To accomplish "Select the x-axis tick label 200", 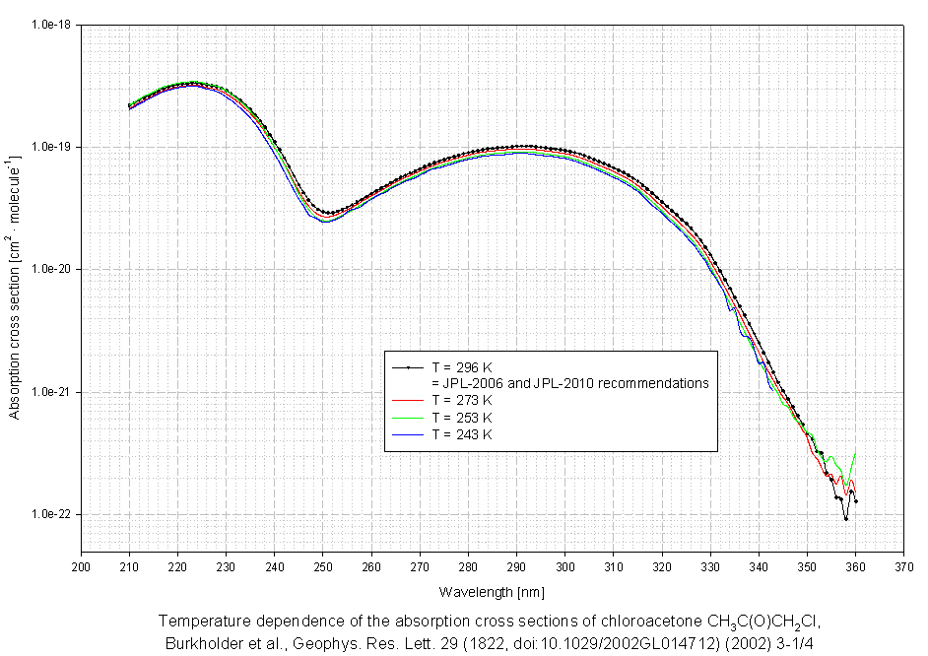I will click(82, 566).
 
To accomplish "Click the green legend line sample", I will click(408, 418).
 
